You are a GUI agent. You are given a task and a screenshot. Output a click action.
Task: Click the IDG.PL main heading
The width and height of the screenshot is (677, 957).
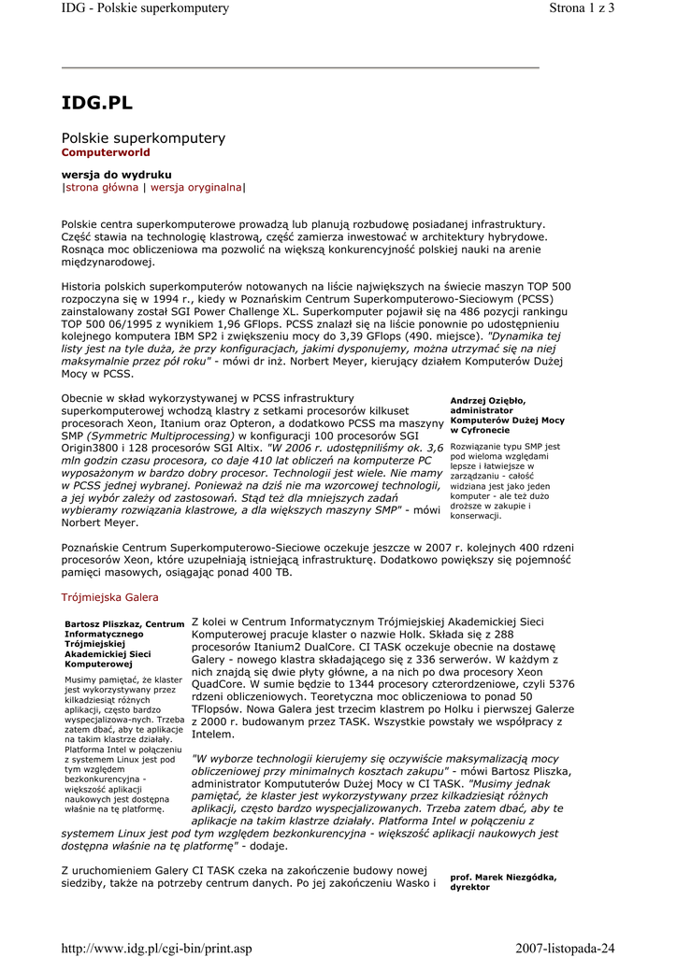click(97, 103)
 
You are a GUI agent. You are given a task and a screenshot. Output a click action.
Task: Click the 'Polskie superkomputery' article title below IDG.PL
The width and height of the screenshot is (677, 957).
click(143, 138)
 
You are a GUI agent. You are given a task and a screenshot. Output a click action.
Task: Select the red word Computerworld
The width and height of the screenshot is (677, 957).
click(106, 152)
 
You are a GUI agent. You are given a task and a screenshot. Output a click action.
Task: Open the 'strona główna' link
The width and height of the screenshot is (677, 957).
click(102, 188)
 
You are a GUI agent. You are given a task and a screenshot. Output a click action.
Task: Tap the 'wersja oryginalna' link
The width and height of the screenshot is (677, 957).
click(196, 188)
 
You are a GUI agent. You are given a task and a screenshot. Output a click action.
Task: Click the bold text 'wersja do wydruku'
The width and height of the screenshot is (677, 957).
click(116, 175)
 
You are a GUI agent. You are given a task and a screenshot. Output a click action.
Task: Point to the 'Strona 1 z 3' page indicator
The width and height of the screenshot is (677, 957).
click(580, 8)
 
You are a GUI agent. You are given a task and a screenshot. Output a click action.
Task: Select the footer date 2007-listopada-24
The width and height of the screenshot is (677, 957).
click(565, 949)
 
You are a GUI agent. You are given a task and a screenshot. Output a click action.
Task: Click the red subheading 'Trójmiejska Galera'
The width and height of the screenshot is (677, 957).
click(110, 597)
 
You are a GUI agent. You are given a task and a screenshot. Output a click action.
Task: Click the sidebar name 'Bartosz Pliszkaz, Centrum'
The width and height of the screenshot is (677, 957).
click(124, 623)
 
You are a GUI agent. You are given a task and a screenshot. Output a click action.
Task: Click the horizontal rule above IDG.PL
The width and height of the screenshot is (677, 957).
click(300, 67)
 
